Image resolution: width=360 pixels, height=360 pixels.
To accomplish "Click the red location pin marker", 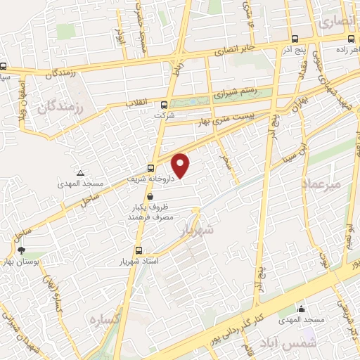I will click(x=181, y=165).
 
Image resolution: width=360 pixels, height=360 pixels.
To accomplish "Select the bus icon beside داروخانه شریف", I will click(x=151, y=168).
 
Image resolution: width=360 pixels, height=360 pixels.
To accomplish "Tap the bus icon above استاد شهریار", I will click(x=138, y=250).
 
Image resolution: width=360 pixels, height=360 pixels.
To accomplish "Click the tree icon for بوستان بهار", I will click(x=21, y=250).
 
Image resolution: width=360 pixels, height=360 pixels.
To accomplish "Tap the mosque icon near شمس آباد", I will click(x=302, y=309).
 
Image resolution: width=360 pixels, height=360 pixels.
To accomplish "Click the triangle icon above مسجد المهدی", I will click(x=81, y=173).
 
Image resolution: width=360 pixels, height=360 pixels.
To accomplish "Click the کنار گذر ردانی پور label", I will click(x=243, y=316).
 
